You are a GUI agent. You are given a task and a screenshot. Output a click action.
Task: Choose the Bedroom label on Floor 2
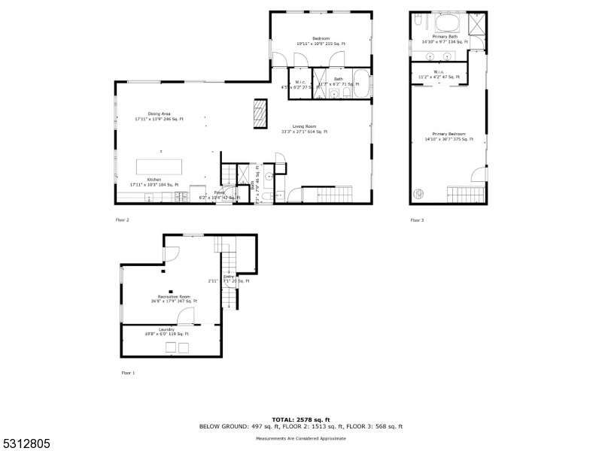tap(321, 41)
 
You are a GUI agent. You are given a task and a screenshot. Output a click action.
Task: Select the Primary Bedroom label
tap(448, 136)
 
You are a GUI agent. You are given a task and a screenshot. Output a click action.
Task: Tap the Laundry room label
tap(166, 331)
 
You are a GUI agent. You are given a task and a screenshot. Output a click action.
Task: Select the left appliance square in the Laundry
tap(170, 347)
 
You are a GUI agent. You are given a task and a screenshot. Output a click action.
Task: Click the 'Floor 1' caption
tap(128, 372)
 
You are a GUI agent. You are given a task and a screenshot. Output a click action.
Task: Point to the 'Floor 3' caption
tap(417, 220)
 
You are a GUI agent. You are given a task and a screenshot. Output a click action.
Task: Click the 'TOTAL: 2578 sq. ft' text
tap(301, 419)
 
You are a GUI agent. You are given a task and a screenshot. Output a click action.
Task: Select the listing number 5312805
tap(25, 443)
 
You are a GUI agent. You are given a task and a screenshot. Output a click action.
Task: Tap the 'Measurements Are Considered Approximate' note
tap(301, 437)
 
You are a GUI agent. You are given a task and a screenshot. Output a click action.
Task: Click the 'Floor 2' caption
tap(122, 220)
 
